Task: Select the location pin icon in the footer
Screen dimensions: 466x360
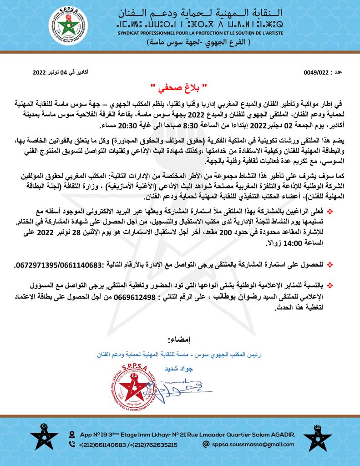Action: click(x=72, y=434)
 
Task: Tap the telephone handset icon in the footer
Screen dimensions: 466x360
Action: click(x=72, y=445)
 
